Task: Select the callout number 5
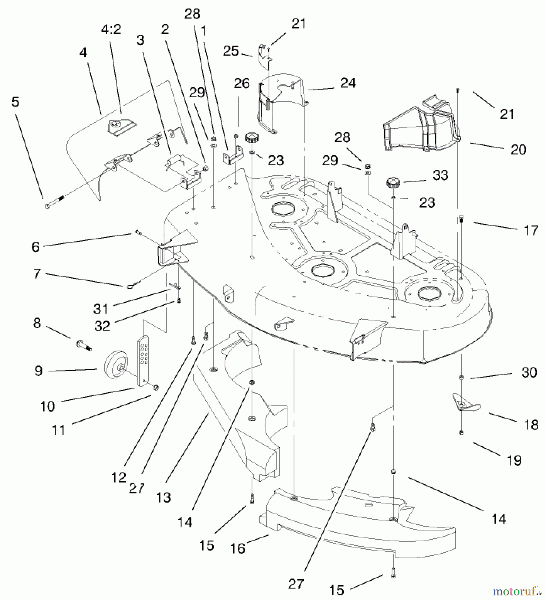pos(16,102)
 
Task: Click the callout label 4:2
pos(111,30)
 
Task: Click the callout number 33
pos(440,175)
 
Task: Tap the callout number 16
pos(238,548)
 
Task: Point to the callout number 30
pos(529,372)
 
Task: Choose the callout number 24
pos(348,83)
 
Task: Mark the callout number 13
pos(163,497)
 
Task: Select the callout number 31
pos(101,309)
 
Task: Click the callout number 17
pos(531,230)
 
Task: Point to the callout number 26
pos(242,84)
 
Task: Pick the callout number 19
pos(514,460)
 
